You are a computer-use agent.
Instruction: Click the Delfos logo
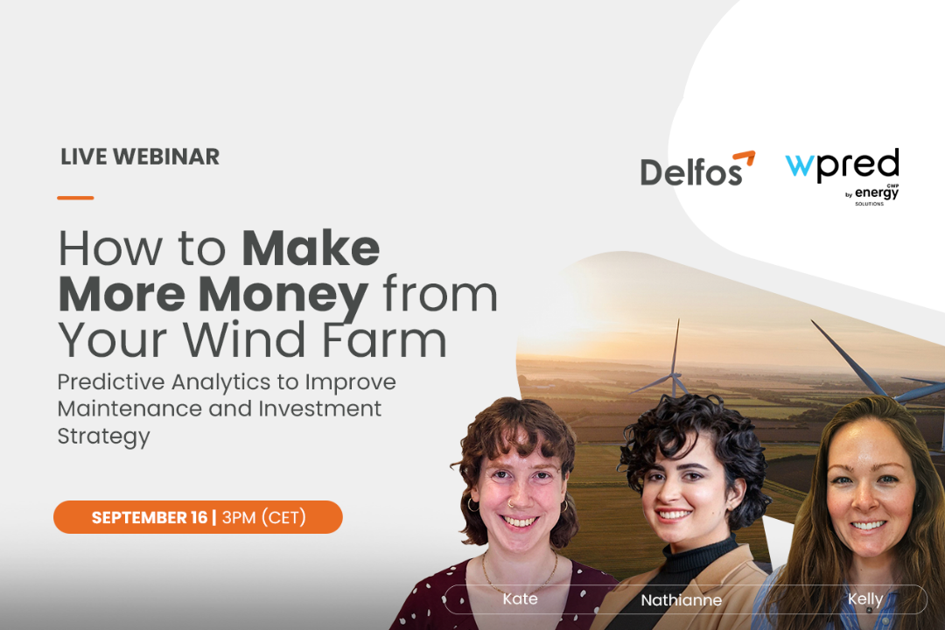697,169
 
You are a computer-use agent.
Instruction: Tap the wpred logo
842,176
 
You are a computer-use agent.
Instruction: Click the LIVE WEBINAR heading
140,157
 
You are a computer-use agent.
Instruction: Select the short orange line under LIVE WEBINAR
75,197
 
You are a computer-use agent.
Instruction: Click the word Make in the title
311,248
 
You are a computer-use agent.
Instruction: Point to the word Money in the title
283,295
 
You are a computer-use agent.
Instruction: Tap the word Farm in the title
384,339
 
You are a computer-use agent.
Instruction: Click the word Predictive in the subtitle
111,381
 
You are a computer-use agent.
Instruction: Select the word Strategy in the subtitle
103,437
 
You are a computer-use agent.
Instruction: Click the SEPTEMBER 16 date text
150,517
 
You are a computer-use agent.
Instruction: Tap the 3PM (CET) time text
264,517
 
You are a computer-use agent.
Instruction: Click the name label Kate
520,598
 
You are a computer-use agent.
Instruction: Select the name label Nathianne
681,600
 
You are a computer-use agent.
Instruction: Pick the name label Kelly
865,599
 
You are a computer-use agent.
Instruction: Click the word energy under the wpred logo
877,192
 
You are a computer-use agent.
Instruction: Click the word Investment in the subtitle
320,409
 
